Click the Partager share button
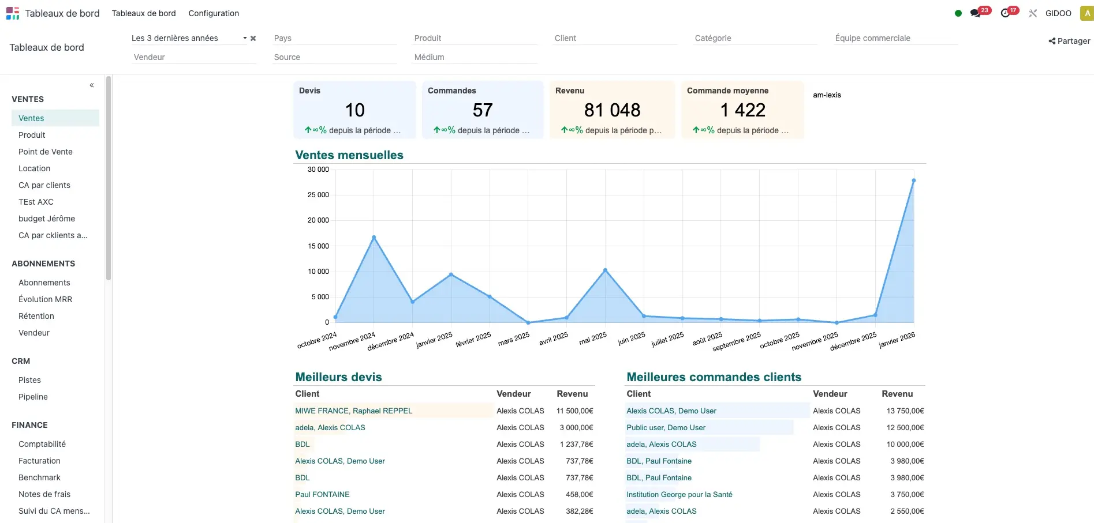tap(1069, 41)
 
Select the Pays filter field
tap(335, 38)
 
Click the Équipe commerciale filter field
tap(895, 38)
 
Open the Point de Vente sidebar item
tap(46, 152)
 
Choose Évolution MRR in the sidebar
tap(45, 299)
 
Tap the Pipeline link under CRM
tap(33, 397)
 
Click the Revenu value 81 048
tap(612, 110)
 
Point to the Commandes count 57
tap(483, 110)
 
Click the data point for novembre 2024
tap(374, 238)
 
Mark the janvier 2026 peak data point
tap(914, 180)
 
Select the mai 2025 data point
tap(605, 270)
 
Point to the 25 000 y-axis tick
tap(318, 195)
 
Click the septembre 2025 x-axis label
tap(737, 341)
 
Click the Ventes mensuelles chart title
tap(349, 155)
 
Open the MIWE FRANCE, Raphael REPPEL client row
tap(353, 411)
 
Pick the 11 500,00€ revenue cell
tap(574, 411)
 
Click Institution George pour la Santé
tap(679, 495)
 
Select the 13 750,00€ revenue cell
tap(905, 411)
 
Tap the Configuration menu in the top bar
tap(214, 13)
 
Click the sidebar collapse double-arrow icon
tap(92, 85)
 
